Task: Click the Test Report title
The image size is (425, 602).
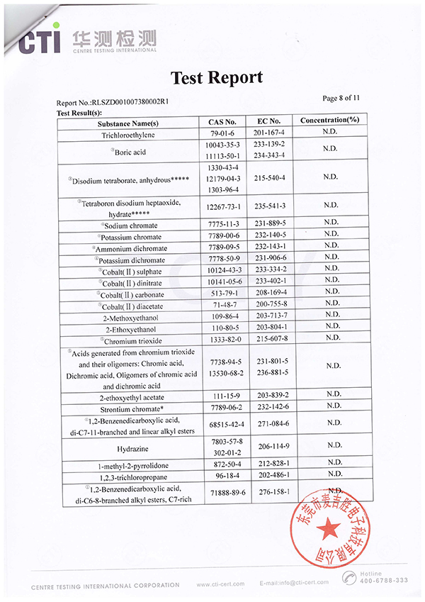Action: tap(217, 77)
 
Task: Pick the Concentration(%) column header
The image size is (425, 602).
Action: tap(329, 121)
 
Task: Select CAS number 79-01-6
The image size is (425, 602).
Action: tap(223, 134)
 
